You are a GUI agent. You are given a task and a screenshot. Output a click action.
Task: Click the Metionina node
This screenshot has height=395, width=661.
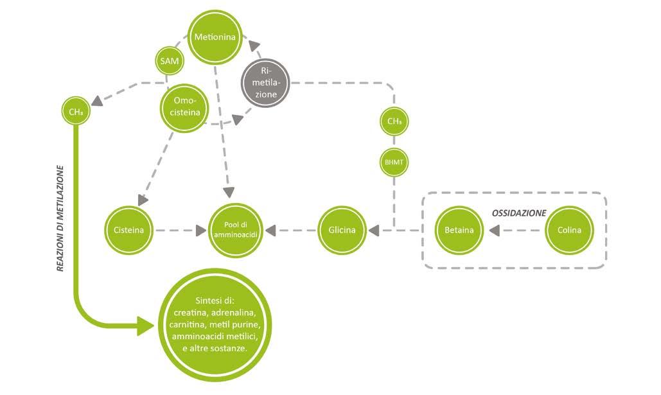tap(216, 37)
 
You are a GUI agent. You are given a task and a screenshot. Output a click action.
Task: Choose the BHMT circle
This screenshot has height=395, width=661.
tap(394, 162)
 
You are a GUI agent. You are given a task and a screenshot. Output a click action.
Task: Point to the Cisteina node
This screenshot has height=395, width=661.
tap(128, 229)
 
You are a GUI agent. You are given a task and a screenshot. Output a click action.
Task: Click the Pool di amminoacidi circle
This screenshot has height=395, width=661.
tap(235, 229)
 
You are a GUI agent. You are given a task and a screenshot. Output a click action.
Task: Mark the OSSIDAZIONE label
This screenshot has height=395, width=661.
tap(519, 212)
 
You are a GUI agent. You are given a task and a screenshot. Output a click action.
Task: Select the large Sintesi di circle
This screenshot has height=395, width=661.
tap(215, 324)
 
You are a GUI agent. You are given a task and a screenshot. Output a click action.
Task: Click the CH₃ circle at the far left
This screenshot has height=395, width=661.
tap(75, 112)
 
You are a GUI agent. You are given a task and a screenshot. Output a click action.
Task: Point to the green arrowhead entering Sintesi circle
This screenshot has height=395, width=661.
tap(147, 325)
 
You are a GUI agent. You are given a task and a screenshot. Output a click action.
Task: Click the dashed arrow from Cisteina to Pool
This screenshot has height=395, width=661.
tap(180, 229)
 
